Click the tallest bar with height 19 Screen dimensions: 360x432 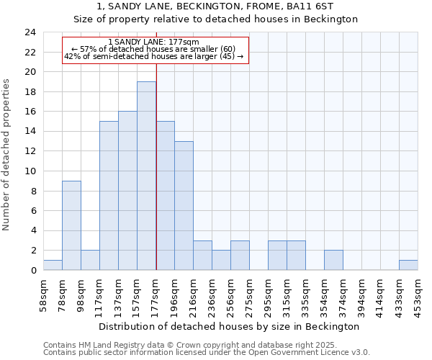click(x=146, y=176)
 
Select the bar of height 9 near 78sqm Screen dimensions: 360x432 click(x=71, y=225)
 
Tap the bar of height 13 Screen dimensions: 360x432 click(x=184, y=205)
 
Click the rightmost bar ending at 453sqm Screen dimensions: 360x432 click(x=408, y=265)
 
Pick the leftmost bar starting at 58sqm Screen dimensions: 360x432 click(x=53, y=265)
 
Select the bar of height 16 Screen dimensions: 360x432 click(x=127, y=191)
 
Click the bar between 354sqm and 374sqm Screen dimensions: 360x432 click(x=333, y=260)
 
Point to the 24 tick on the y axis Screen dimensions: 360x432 click(x=30, y=32)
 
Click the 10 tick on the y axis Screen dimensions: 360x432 click(x=30, y=171)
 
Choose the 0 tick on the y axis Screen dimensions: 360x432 click(x=32, y=270)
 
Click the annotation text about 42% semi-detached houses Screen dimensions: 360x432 click(x=154, y=56)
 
